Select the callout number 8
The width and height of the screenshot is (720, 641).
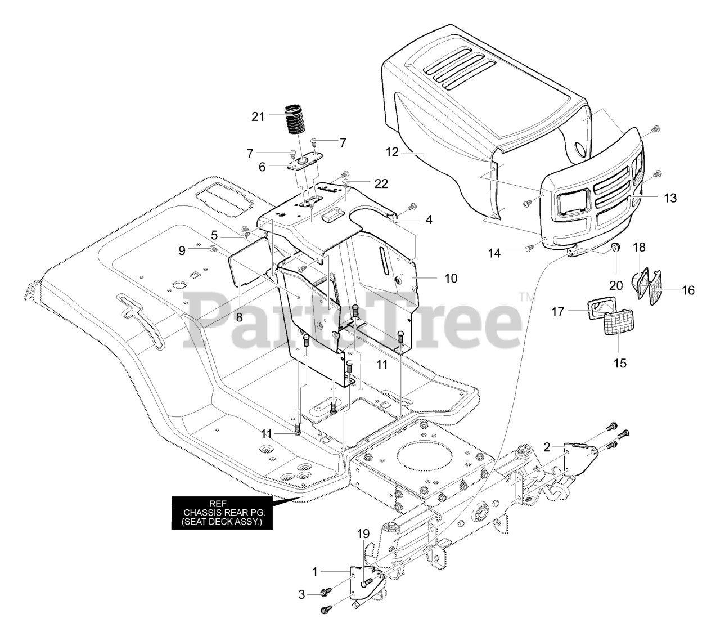239,317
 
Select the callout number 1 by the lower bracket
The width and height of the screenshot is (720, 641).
315,571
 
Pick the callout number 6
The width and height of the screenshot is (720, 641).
262,167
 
